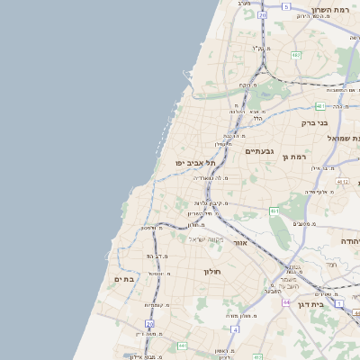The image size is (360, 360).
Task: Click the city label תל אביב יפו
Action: [x=193, y=163]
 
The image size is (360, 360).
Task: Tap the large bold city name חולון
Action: [x=212, y=271]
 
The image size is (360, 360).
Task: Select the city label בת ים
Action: [x=124, y=280]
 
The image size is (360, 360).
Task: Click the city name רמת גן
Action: [x=271, y=157]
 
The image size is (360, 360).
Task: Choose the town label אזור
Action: [x=239, y=243]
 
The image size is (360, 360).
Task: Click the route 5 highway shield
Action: [x=286, y=6]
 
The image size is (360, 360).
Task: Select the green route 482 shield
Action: [x=296, y=55]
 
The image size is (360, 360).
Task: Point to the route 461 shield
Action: [x=274, y=211]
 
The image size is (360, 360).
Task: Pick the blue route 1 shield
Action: [x=338, y=303]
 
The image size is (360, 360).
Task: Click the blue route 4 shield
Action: [x=235, y=329]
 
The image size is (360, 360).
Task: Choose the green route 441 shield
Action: [x=182, y=345]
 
